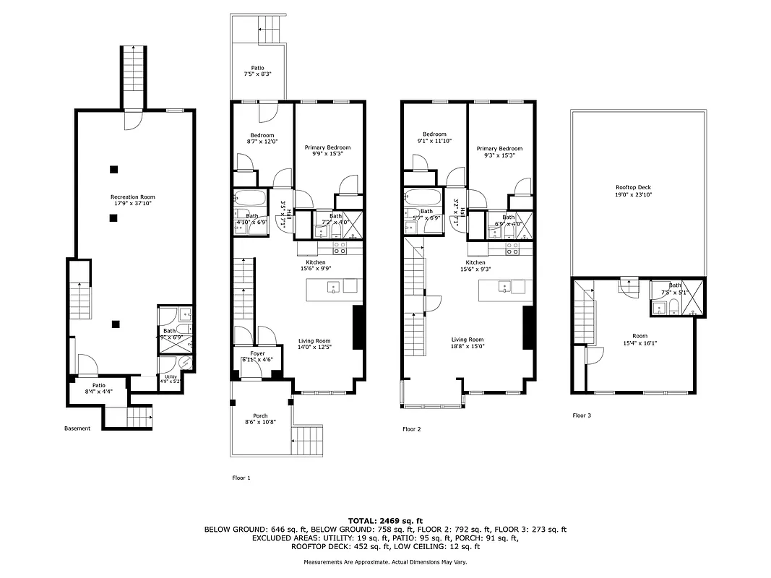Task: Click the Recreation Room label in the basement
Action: coord(132,200)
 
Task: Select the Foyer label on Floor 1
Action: coord(258,357)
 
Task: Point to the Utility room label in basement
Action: coord(171,379)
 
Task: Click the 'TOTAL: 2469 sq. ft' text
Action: coord(385,520)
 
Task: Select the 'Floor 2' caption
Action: coord(411,428)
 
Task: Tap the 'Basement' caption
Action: coord(77,428)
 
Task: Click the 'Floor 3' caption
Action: coord(582,415)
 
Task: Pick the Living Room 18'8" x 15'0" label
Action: coord(468,343)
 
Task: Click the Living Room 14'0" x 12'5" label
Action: coord(314,345)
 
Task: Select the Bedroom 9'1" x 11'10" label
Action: coord(434,138)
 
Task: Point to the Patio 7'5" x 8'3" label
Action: coord(257,71)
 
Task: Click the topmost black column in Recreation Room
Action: coord(113,170)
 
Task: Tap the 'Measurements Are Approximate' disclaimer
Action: coord(385,561)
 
